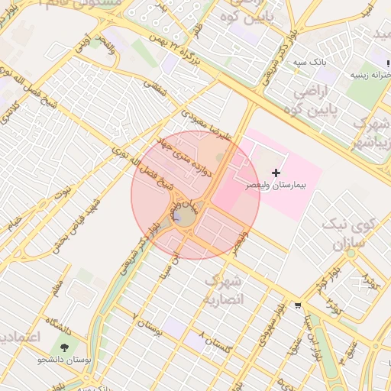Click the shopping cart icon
coord(297,305)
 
